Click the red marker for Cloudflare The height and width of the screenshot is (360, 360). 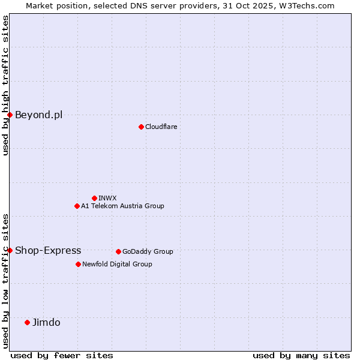pos(141,127)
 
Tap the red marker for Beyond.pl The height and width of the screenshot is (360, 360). pos(10,115)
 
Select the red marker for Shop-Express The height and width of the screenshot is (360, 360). pos(10,250)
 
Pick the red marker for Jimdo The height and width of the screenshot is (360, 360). pos(27,322)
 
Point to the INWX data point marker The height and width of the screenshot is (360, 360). pos(94,198)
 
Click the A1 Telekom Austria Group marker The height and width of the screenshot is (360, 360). pos(77,206)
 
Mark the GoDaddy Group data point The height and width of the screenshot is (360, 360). pos(118,251)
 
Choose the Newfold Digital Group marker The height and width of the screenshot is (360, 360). pos(78,264)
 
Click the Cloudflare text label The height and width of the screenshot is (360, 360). pos(161,127)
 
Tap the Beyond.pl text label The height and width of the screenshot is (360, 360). pos(38,115)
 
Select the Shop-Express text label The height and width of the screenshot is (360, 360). pos(48,250)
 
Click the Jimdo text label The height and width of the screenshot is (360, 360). pos(46,322)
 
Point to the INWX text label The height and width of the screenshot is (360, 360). pos(107,198)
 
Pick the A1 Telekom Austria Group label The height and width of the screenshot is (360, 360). pos(122,206)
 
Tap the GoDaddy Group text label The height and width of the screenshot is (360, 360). pos(148,251)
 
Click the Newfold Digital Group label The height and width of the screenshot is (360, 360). pos(117,264)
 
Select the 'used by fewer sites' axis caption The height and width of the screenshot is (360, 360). pos(62,355)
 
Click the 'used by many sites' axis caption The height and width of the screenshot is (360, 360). pos(301,355)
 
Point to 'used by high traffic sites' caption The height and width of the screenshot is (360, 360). pos(5,85)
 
